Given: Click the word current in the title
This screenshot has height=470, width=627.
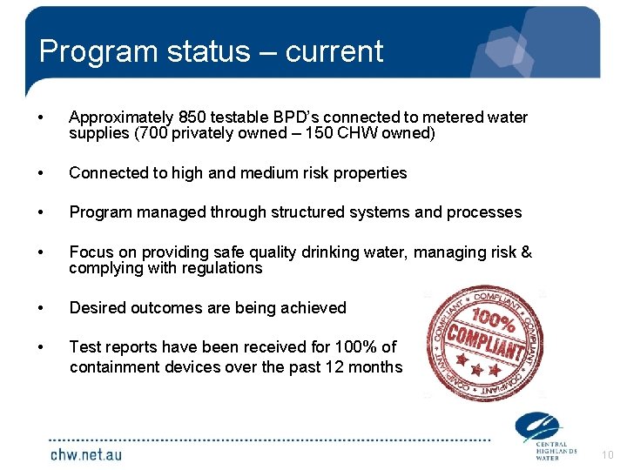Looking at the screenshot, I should click(x=334, y=51).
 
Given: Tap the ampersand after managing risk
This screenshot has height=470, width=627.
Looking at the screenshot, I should click(x=526, y=252).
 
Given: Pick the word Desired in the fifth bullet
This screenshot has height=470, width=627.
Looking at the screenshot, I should click(x=96, y=307).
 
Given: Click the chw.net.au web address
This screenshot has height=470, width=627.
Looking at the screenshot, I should click(x=86, y=453).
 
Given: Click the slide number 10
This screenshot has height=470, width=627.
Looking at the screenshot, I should click(x=607, y=454).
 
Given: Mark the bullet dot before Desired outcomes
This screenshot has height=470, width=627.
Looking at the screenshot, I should click(x=41, y=307).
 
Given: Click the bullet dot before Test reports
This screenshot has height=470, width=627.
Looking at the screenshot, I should click(x=41, y=347).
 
